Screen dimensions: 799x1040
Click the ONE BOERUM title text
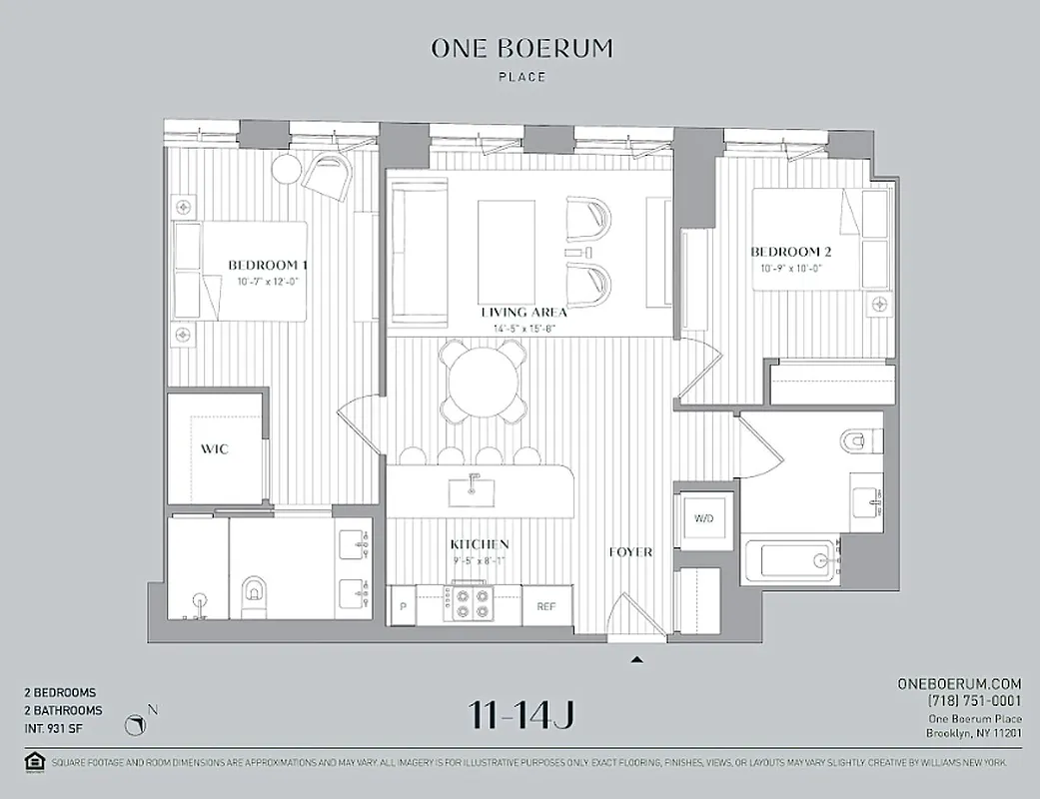[521, 48]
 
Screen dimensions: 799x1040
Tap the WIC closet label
[215, 449]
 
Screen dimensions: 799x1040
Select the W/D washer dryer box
[704, 518]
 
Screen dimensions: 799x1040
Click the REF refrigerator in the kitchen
[546, 605]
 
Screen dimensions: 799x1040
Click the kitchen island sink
[475, 490]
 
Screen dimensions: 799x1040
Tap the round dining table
[485, 380]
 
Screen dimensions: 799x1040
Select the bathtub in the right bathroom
[796, 559]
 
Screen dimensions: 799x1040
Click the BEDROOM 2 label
[791, 253]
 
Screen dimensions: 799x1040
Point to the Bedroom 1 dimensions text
[268, 283]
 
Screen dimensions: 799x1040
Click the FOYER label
[631, 552]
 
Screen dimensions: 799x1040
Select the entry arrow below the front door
[636, 659]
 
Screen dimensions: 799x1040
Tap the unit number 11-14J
[520, 715]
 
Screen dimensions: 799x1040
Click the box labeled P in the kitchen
[404, 605]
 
